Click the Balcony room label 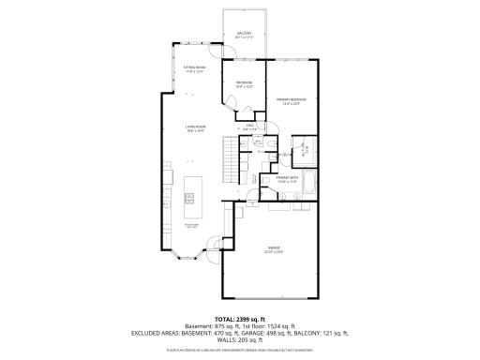(x=243, y=35)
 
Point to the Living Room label (x=196, y=128)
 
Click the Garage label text (x=273, y=249)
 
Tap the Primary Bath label (x=286, y=179)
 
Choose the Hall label (x=251, y=127)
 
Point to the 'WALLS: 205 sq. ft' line (x=239, y=340)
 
